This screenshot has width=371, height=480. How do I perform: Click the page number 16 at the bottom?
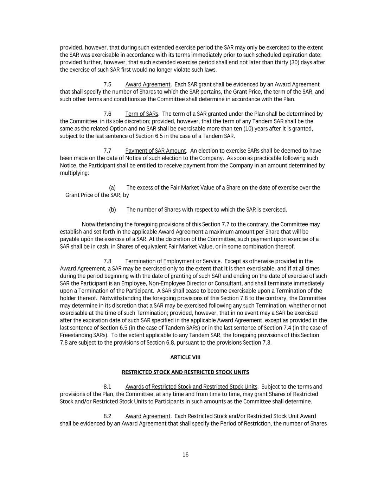[x=185, y=455]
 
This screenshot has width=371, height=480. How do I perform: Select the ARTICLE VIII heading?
[x=185, y=357]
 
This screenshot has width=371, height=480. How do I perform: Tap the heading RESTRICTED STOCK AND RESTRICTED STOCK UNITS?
[x=185, y=372]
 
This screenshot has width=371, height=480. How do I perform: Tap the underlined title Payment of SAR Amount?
[x=155, y=151]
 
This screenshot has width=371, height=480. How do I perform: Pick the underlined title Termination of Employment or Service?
[x=173, y=261]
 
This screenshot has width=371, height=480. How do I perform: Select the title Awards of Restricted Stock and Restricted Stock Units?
[x=191, y=387]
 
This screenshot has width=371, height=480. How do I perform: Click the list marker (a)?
[x=113, y=188]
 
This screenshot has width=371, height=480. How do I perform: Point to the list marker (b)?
[x=113, y=210]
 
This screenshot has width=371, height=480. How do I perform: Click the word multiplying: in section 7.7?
[x=75, y=173]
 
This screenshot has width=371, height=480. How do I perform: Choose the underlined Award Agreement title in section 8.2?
[x=148, y=416]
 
